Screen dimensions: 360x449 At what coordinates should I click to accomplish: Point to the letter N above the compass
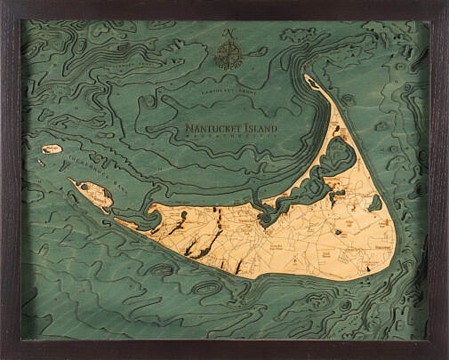[230, 33]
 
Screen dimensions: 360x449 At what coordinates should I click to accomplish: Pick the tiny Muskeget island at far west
[51, 149]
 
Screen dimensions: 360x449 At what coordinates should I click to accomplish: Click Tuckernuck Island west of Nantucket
[92, 191]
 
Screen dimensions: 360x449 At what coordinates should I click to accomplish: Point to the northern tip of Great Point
[307, 79]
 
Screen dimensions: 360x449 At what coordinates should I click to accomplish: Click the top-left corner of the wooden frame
[4, 4]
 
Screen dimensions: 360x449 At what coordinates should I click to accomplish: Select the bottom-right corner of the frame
[444, 355]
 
